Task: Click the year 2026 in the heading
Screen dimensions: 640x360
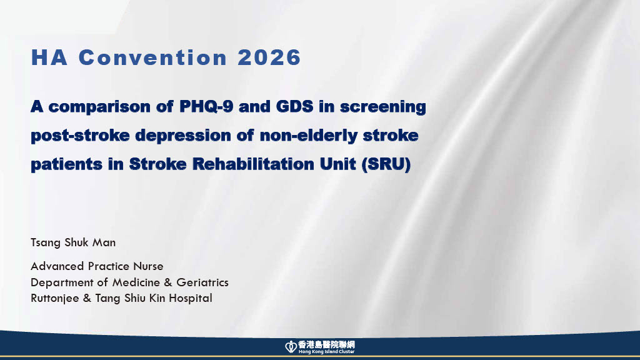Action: click(269, 57)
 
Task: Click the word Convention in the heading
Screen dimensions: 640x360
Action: click(152, 57)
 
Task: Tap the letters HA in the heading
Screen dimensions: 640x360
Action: click(49, 57)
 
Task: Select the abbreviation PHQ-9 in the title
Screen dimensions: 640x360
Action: click(206, 107)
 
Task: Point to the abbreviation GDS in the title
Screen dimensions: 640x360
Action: click(295, 106)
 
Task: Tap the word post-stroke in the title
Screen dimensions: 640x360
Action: click(80, 136)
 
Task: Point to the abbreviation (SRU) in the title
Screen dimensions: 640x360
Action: click(386, 164)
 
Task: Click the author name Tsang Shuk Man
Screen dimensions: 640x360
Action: click(73, 243)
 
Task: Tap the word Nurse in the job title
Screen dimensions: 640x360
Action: click(148, 266)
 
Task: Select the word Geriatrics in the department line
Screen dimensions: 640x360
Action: click(202, 282)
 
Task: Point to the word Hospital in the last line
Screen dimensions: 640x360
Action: click(191, 298)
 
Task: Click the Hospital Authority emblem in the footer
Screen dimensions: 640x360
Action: click(291, 347)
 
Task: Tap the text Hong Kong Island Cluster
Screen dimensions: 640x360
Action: click(326, 352)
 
